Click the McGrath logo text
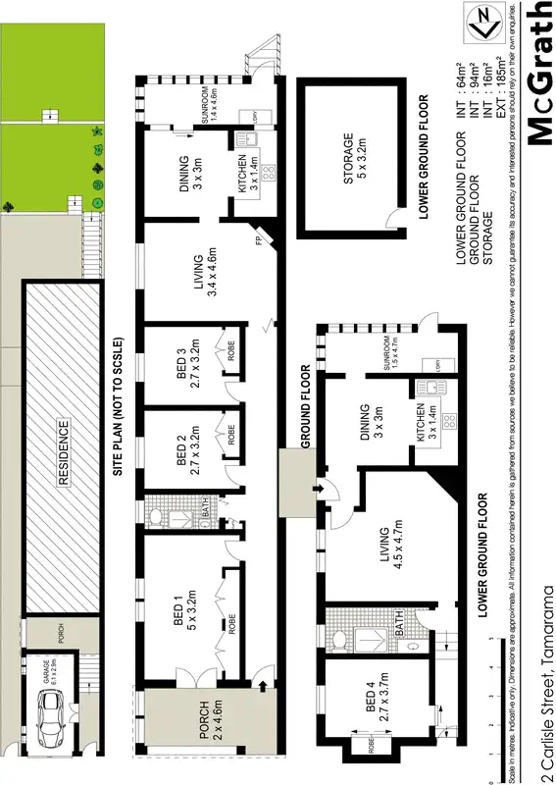[539, 75]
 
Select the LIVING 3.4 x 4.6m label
[205, 269]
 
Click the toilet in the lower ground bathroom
[337, 641]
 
